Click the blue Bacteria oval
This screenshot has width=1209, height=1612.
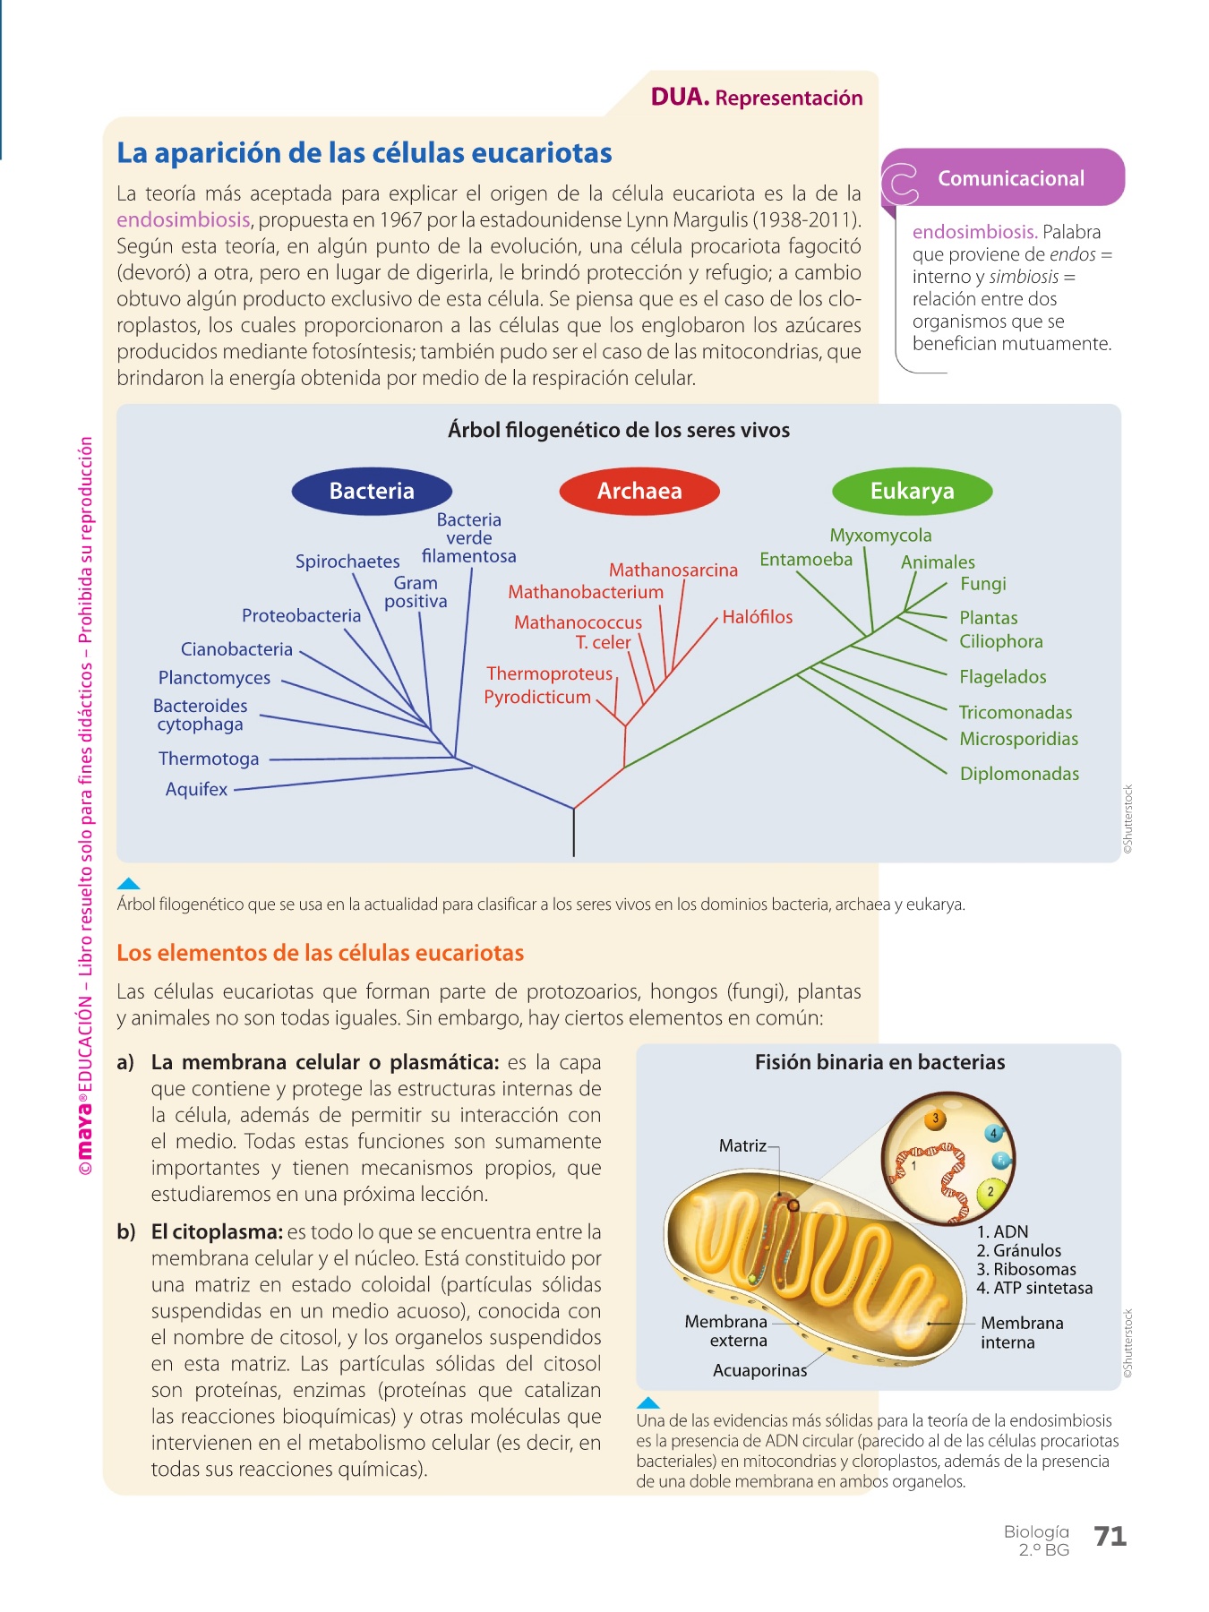click(372, 491)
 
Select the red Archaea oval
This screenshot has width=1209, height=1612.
click(639, 491)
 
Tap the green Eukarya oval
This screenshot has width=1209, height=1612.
click(912, 491)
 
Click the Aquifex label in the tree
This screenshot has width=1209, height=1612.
click(197, 789)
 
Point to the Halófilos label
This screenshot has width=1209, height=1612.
click(757, 617)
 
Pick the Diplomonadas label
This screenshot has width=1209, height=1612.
click(1019, 774)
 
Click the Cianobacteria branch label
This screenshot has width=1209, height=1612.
click(236, 649)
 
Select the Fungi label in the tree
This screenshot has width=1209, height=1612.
click(982, 584)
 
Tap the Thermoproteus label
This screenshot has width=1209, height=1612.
click(549, 673)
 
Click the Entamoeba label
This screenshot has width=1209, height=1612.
click(806, 560)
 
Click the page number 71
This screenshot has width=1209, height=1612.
click(1110, 1537)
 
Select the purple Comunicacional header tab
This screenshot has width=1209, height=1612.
click(1010, 178)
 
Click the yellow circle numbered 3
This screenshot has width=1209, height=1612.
click(936, 1119)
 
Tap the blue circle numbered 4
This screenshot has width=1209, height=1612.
click(993, 1134)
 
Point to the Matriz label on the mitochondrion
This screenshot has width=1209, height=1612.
click(742, 1145)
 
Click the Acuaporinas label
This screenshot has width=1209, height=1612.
click(759, 1370)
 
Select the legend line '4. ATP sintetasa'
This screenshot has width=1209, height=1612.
click(1034, 1288)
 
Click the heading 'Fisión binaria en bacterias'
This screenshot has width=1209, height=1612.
click(879, 1062)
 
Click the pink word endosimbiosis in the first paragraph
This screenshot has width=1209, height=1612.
click(183, 220)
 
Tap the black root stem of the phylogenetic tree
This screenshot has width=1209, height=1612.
click(574, 833)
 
